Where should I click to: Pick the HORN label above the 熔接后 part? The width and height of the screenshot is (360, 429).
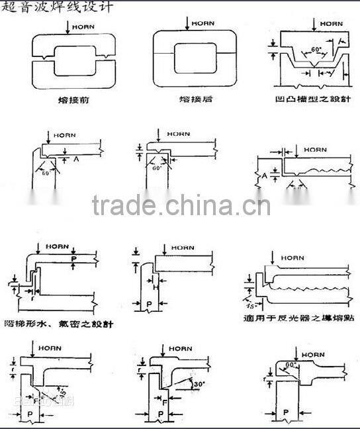pos(202,24)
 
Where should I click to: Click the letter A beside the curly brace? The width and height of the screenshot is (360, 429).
pos(264,175)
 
